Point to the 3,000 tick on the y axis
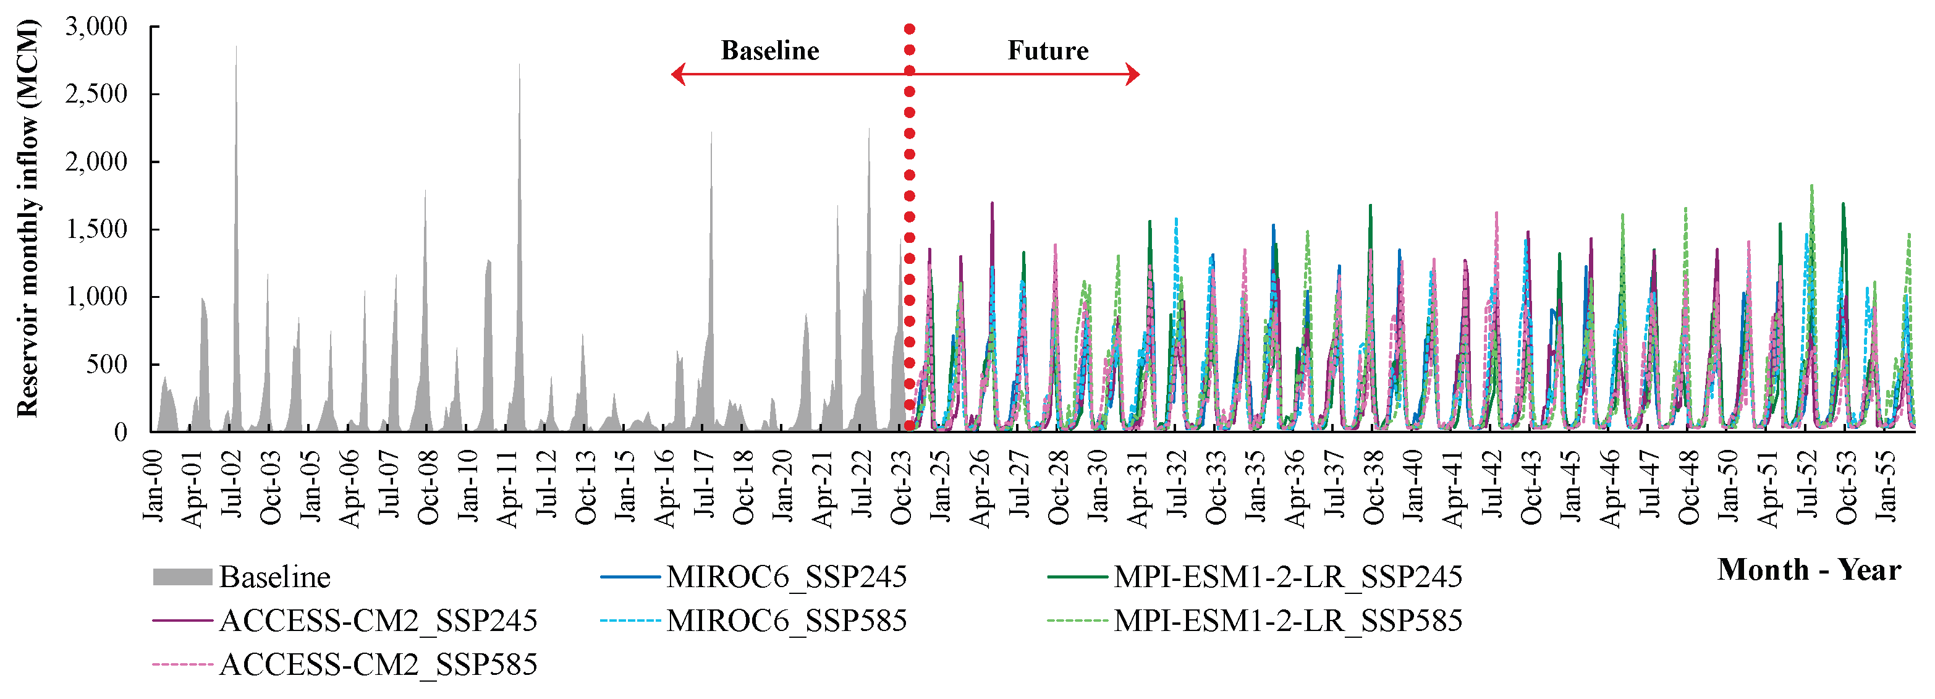(x=96, y=27)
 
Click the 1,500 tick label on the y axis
(x=96, y=230)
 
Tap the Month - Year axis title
(x=1808, y=570)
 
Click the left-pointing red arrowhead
(x=677, y=74)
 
